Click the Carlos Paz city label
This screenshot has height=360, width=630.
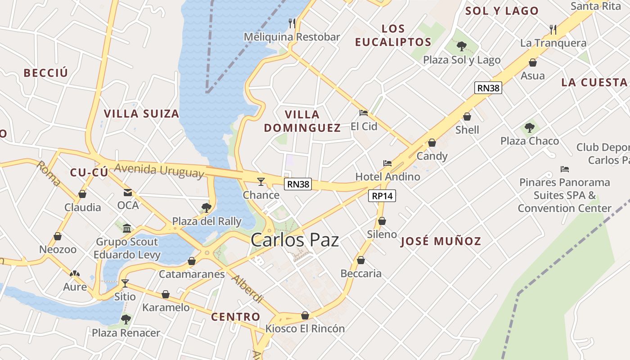pos(295,240)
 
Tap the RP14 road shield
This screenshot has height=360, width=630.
pos(382,196)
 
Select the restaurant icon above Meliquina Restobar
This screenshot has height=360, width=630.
pos(292,23)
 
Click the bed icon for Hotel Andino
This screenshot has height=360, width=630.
pos(387,163)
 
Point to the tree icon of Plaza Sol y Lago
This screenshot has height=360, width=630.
pos(461,45)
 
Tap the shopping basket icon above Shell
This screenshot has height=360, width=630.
pos(467,117)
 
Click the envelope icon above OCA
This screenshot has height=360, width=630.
pos(128,193)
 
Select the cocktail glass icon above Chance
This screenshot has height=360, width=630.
pos(261,181)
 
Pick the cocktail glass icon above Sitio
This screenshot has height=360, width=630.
pos(125,283)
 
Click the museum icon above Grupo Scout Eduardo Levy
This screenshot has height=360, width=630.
pos(127,228)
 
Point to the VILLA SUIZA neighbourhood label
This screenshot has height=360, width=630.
pos(142,113)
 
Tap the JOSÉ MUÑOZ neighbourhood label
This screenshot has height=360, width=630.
pos(441,241)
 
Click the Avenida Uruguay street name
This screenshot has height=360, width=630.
pos(159,171)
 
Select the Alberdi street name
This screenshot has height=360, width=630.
pos(247,288)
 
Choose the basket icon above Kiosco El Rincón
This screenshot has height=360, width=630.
pos(305,315)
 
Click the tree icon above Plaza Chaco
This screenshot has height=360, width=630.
pos(530,128)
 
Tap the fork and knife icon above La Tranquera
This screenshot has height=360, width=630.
pos(553,30)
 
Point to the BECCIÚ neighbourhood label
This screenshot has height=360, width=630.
pos(46,73)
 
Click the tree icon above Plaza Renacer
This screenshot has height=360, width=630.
pos(126,319)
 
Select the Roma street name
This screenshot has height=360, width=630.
pos(49,174)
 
